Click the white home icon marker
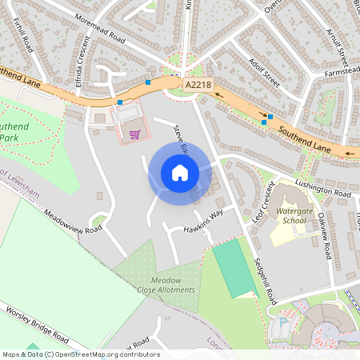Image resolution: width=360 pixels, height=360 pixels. pyautogui.click(x=180, y=173)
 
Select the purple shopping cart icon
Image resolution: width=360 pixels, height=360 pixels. pyautogui.click(x=134, y=134)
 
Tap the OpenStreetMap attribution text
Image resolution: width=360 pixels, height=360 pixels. pyautogui.click(x=81, y=354)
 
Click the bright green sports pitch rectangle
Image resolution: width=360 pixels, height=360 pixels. pyautogui.click(x=232, y=269)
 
